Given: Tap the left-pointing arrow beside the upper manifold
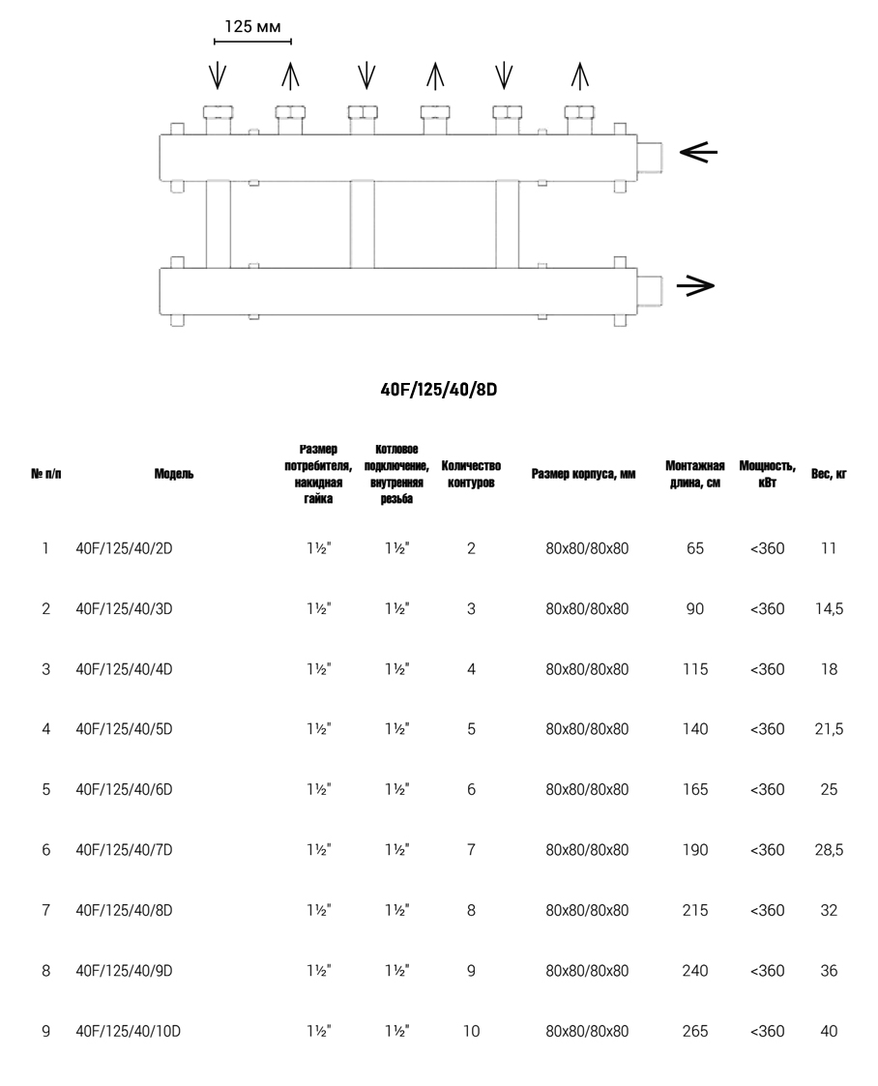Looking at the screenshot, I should pyautogui.click(x=697, y=152).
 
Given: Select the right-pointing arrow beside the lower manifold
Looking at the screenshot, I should pyautogui.click(x=694, y=284).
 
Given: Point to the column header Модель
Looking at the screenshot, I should pyautogui.click(x=173, y=474).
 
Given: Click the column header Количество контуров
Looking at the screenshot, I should pyautogui.click(x=471, y=474).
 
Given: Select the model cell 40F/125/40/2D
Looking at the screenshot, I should pyautogui.click(x=124, y=549).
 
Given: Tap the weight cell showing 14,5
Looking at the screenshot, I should pyautogui.click(x=829, y=609).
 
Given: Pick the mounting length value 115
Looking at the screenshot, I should pyautogui.click(x=695, y=669).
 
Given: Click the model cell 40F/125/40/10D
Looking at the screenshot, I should pyautogui.click(x=128, y=1032).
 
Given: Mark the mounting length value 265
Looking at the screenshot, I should pyautogui.click(x=695, y=1032).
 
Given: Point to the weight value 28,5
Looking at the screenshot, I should pyautogui.click(x=829, y=850).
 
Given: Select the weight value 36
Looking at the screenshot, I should pyautogui.click(x=829, y=971).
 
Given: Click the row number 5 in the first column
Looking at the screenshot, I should pyautogui.click(x=45, y=790).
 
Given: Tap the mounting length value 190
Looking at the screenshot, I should pyautogui.click(x=695, y=850).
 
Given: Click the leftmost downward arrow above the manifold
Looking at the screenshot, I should pyautogui.click(x=219, y=75).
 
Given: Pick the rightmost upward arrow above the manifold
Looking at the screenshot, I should pyautogui.click(x=579, y=75).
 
